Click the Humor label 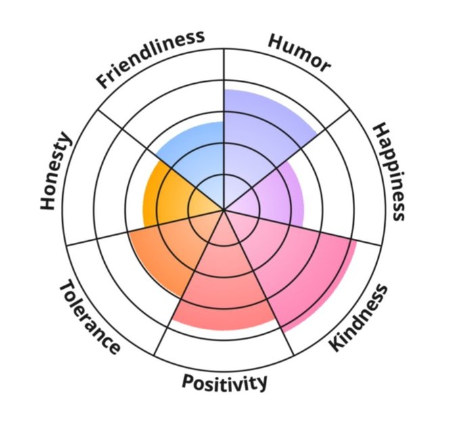299,53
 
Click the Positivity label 224,383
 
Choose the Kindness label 359,318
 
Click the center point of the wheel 224,210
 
